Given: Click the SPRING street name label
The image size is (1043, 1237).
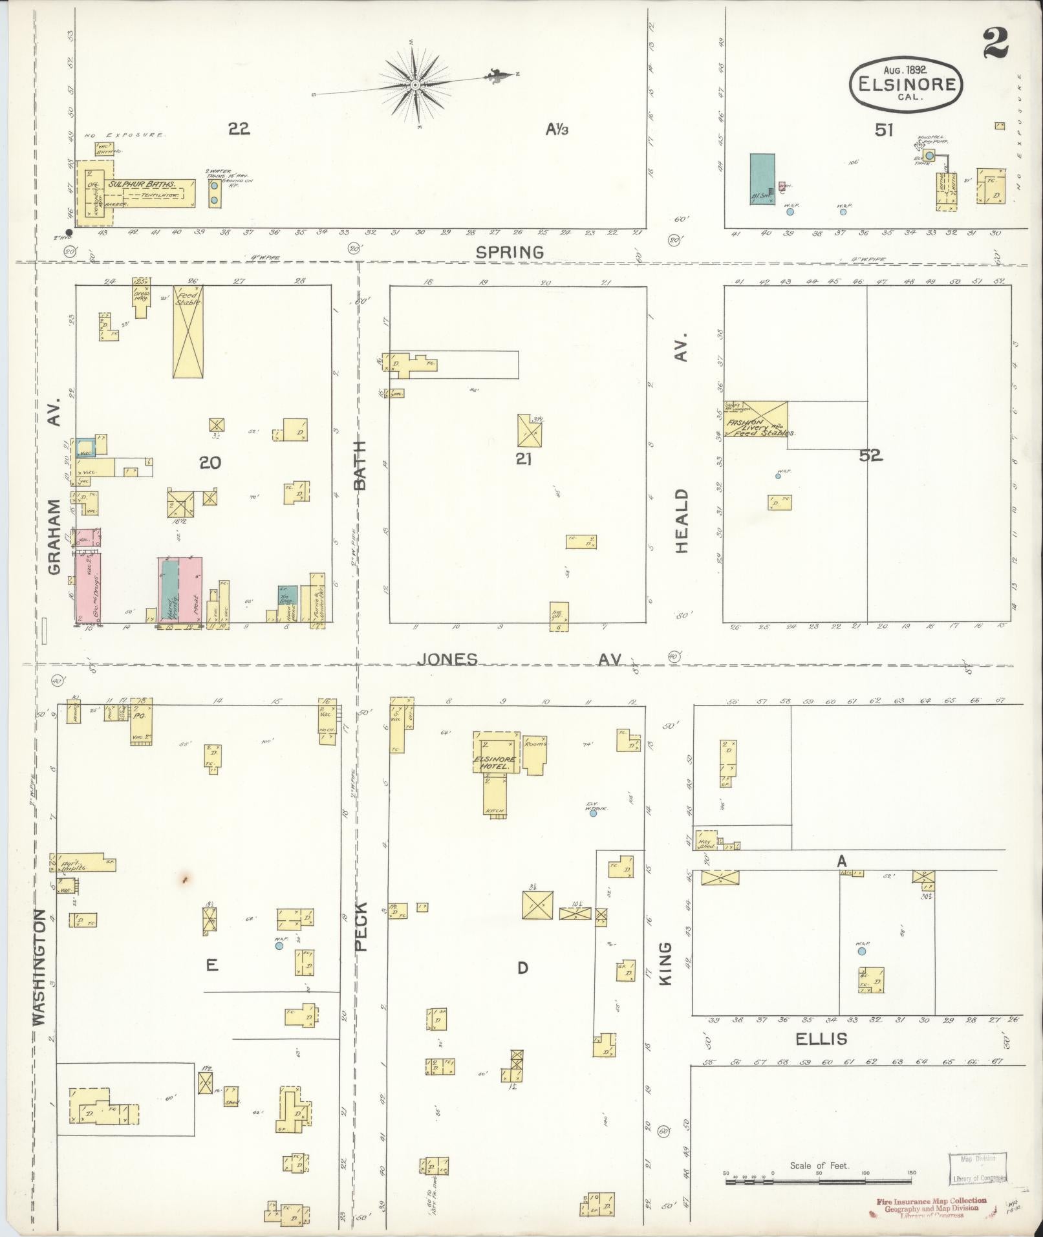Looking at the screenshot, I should click(510, 252).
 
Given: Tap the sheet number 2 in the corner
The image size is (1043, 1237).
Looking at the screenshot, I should click(996, 44).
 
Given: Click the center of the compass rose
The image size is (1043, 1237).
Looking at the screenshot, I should click(415, 85).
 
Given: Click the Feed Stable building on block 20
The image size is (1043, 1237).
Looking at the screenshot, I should click(188, 331).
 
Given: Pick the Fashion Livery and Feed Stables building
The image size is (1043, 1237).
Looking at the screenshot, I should click(755, 419).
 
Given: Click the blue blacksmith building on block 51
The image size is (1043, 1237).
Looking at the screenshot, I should click(762, 179).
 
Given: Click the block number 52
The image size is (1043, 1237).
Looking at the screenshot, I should click(870, 455).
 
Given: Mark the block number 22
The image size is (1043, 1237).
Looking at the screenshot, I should click(239, 129).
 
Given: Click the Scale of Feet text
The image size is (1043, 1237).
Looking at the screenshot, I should click(820, 1166).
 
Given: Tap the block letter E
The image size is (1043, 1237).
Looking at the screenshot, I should click(211, 965).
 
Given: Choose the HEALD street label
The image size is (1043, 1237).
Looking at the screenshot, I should click(683, 521).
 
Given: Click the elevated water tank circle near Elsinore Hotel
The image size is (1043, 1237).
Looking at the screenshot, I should click(593, 813).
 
